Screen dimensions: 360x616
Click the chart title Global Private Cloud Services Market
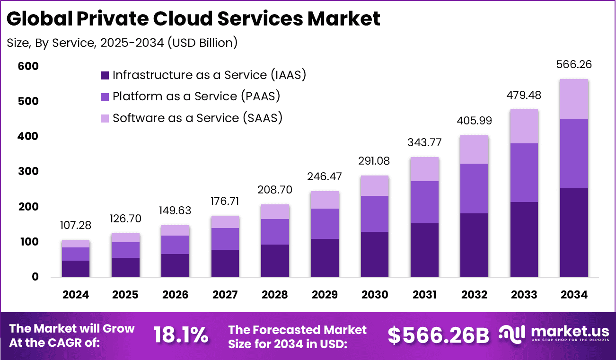[x=194, y=19]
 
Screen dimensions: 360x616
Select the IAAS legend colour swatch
[x=105, y=75]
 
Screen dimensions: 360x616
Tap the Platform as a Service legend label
[x=196, y=97]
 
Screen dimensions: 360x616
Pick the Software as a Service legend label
[x=197, y=118]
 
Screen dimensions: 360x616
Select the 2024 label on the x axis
[x=76, y=295]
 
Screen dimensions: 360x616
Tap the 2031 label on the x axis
[x=424, y=295]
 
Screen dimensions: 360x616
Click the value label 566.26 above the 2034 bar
[x=574, y=64]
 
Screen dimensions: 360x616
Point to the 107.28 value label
[x=76, y=225]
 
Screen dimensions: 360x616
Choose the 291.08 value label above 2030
[x=375, y=161]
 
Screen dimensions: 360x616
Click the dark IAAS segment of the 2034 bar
[x=574, y=233]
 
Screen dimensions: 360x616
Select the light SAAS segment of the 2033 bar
[x=524, y=126]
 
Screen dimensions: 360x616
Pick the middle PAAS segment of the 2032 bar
[x=475, y=188]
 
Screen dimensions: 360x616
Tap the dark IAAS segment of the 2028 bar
[x=275, y=261]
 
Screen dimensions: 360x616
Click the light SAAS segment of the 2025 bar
[x=125, y=237]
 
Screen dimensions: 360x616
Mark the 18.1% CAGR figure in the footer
[x=181, y=335]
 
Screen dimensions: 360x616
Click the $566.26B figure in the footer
[x=438, y=335]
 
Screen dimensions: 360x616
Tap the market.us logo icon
[x=513, y=334]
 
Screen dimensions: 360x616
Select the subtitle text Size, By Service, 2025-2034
[x=122, y=43]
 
